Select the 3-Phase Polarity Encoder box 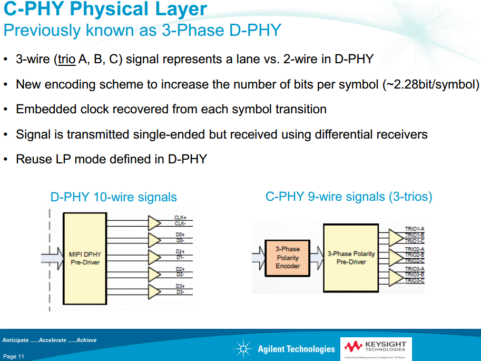pos(288,257)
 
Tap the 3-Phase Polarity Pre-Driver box pos(351,258)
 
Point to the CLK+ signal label pos(180,218)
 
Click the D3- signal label pos(180,292)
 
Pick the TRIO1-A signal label pos(415,229)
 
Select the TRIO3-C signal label pos(415,281)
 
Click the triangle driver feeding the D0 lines pos(154,240)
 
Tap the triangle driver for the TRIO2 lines pos(395,257)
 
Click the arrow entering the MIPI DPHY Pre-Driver pos(52,259)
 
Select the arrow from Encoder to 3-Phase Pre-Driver pos(316,258)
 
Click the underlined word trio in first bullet pos(66,59)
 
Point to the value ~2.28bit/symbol pos(430,84)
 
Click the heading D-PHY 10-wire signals pos(113,198)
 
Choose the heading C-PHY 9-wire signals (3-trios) pos(348,197)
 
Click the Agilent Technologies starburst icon pos(243,348)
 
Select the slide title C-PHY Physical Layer pos(105,9)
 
